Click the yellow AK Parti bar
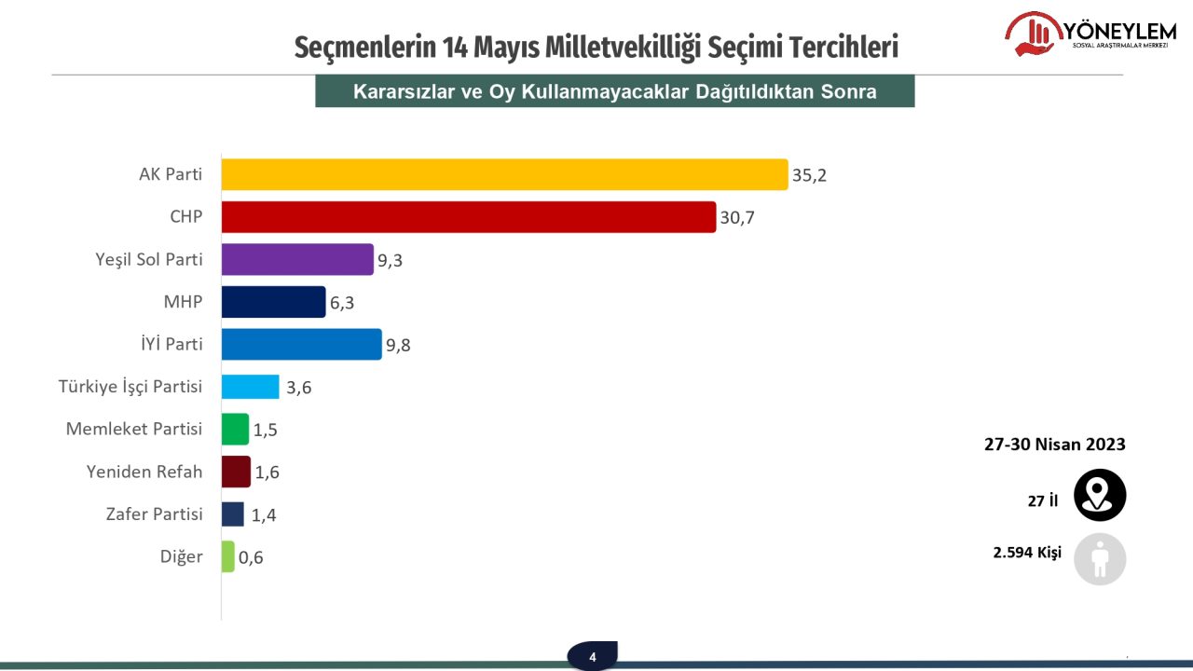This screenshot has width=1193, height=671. (504, 174)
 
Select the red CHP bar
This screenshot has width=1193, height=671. (468, 217)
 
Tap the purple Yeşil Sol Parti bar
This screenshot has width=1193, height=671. (297, 260)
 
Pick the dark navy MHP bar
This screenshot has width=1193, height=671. (273, 302)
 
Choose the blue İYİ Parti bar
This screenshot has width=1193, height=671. (301, 344)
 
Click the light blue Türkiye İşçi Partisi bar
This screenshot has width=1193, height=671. (250, 387)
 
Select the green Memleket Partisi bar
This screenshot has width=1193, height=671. (235, 429)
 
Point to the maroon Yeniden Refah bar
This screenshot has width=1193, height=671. (236, 472)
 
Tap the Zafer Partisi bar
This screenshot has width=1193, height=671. (233, 514)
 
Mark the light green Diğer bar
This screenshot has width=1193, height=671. (228, 556)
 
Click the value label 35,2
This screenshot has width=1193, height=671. (809, 175)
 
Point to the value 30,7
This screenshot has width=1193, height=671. (737, 218)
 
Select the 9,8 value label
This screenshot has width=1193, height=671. (398, 346)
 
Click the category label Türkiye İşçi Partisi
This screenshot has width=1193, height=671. (130, 387)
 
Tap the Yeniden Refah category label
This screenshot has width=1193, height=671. (144, 472)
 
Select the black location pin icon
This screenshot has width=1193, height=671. (1100, 495)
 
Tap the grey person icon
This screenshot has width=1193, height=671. (1100, 559)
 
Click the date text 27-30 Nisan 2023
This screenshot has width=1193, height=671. (1055, 445)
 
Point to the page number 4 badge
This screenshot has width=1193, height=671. (592, 656)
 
